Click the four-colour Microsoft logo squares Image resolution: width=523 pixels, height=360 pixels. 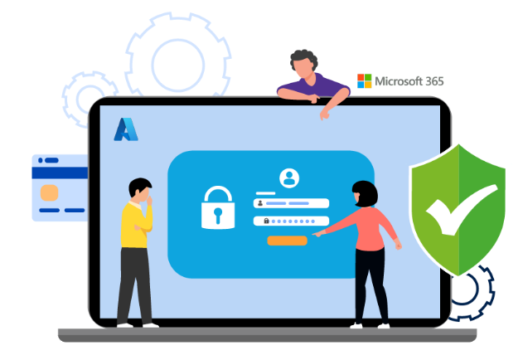pyautogui.click(x=364, y=81)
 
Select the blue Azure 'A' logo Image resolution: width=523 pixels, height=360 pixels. pyautogui.click(x=126, y=129)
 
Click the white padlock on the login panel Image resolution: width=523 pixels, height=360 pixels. pyautogui.click(x=218, y=207)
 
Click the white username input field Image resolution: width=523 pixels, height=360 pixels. pyautogui.click(x=291, y=203)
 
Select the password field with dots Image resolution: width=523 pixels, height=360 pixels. pyautogui.click(x=291, y=221)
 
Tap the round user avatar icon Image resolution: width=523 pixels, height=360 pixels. pyautogui.click(x=289, y=178)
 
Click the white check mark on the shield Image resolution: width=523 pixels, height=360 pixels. pyautogui.click(x=462, y=209)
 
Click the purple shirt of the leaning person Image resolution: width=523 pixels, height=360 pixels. pyautogui.click(x=320, y=85)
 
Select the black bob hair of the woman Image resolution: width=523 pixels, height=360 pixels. pyautogui.click(x=366, y=194)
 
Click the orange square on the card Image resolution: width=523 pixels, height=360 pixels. pyautogui.click(x=50, y=193)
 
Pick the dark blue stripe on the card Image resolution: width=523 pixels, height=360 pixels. pyautogui.click(x=60, y=173)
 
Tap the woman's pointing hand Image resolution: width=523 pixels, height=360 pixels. pyautogui.click(x=318, y=233)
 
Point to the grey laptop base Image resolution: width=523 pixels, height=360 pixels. pyautogui.click(x=267, y=335)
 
